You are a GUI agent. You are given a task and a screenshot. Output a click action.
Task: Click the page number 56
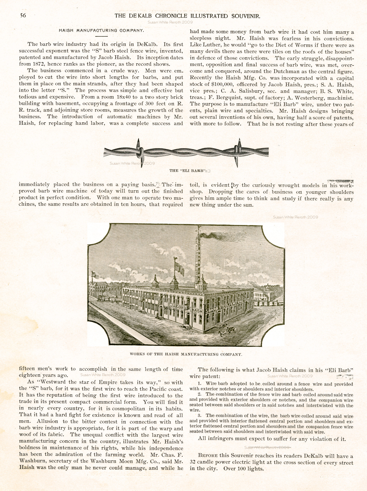[x=23, y=16]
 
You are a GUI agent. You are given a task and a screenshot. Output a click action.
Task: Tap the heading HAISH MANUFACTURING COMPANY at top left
[x=102, y=31]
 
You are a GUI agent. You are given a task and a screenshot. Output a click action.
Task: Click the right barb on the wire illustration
[x=238, y=151]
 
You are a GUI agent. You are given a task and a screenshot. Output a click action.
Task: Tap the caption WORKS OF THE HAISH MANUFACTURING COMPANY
[x=186, y=354]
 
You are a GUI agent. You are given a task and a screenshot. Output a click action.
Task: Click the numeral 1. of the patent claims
[x=199, y=384]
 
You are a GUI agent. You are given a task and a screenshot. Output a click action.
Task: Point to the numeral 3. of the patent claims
[x=199, y=416]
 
